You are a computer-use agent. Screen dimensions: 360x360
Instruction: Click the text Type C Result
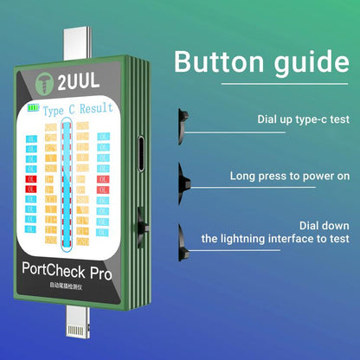coord(79,111)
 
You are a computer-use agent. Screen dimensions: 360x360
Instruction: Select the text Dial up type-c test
coord(304,119)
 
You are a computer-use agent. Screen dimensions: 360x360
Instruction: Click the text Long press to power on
coord(290,176)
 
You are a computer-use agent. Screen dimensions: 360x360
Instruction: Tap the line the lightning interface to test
coord(275,238)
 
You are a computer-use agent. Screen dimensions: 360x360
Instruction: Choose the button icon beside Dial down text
coord(185,235)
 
